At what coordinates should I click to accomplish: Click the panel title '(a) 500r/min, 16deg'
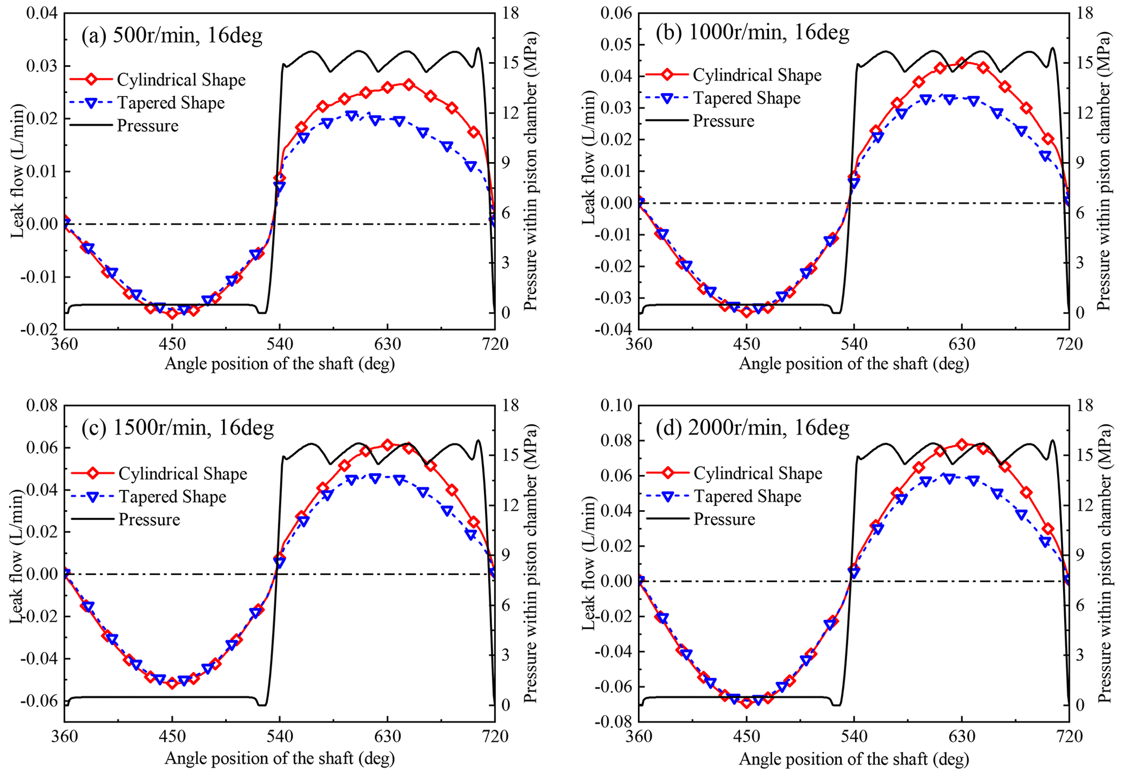(x=172, y=36)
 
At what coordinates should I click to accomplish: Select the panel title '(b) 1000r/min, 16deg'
(x=752, y=33)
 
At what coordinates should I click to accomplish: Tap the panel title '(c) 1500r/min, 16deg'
(x=178, y=428)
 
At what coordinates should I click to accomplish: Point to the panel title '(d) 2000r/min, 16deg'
(x=753, y=428)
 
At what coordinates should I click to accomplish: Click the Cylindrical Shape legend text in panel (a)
(x=181, y=80)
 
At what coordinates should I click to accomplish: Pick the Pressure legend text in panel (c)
(x=149, y=519)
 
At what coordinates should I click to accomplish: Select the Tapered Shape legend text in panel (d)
(x=747, y=496)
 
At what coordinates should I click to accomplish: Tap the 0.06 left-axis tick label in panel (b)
(x=617, y=13)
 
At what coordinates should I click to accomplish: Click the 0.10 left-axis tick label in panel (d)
(x=617, y=406)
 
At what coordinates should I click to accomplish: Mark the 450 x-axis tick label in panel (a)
(x=172, y=344)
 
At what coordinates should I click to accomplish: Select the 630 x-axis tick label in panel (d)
(x=961, y=736)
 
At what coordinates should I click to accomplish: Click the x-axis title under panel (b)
(x=854, y=364)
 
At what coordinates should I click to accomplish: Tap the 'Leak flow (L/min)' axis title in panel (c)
(x=16, y=556)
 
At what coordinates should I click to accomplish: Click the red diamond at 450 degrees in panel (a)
(x=172, y=313)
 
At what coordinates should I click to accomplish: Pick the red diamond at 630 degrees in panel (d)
(x=961, y=444)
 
